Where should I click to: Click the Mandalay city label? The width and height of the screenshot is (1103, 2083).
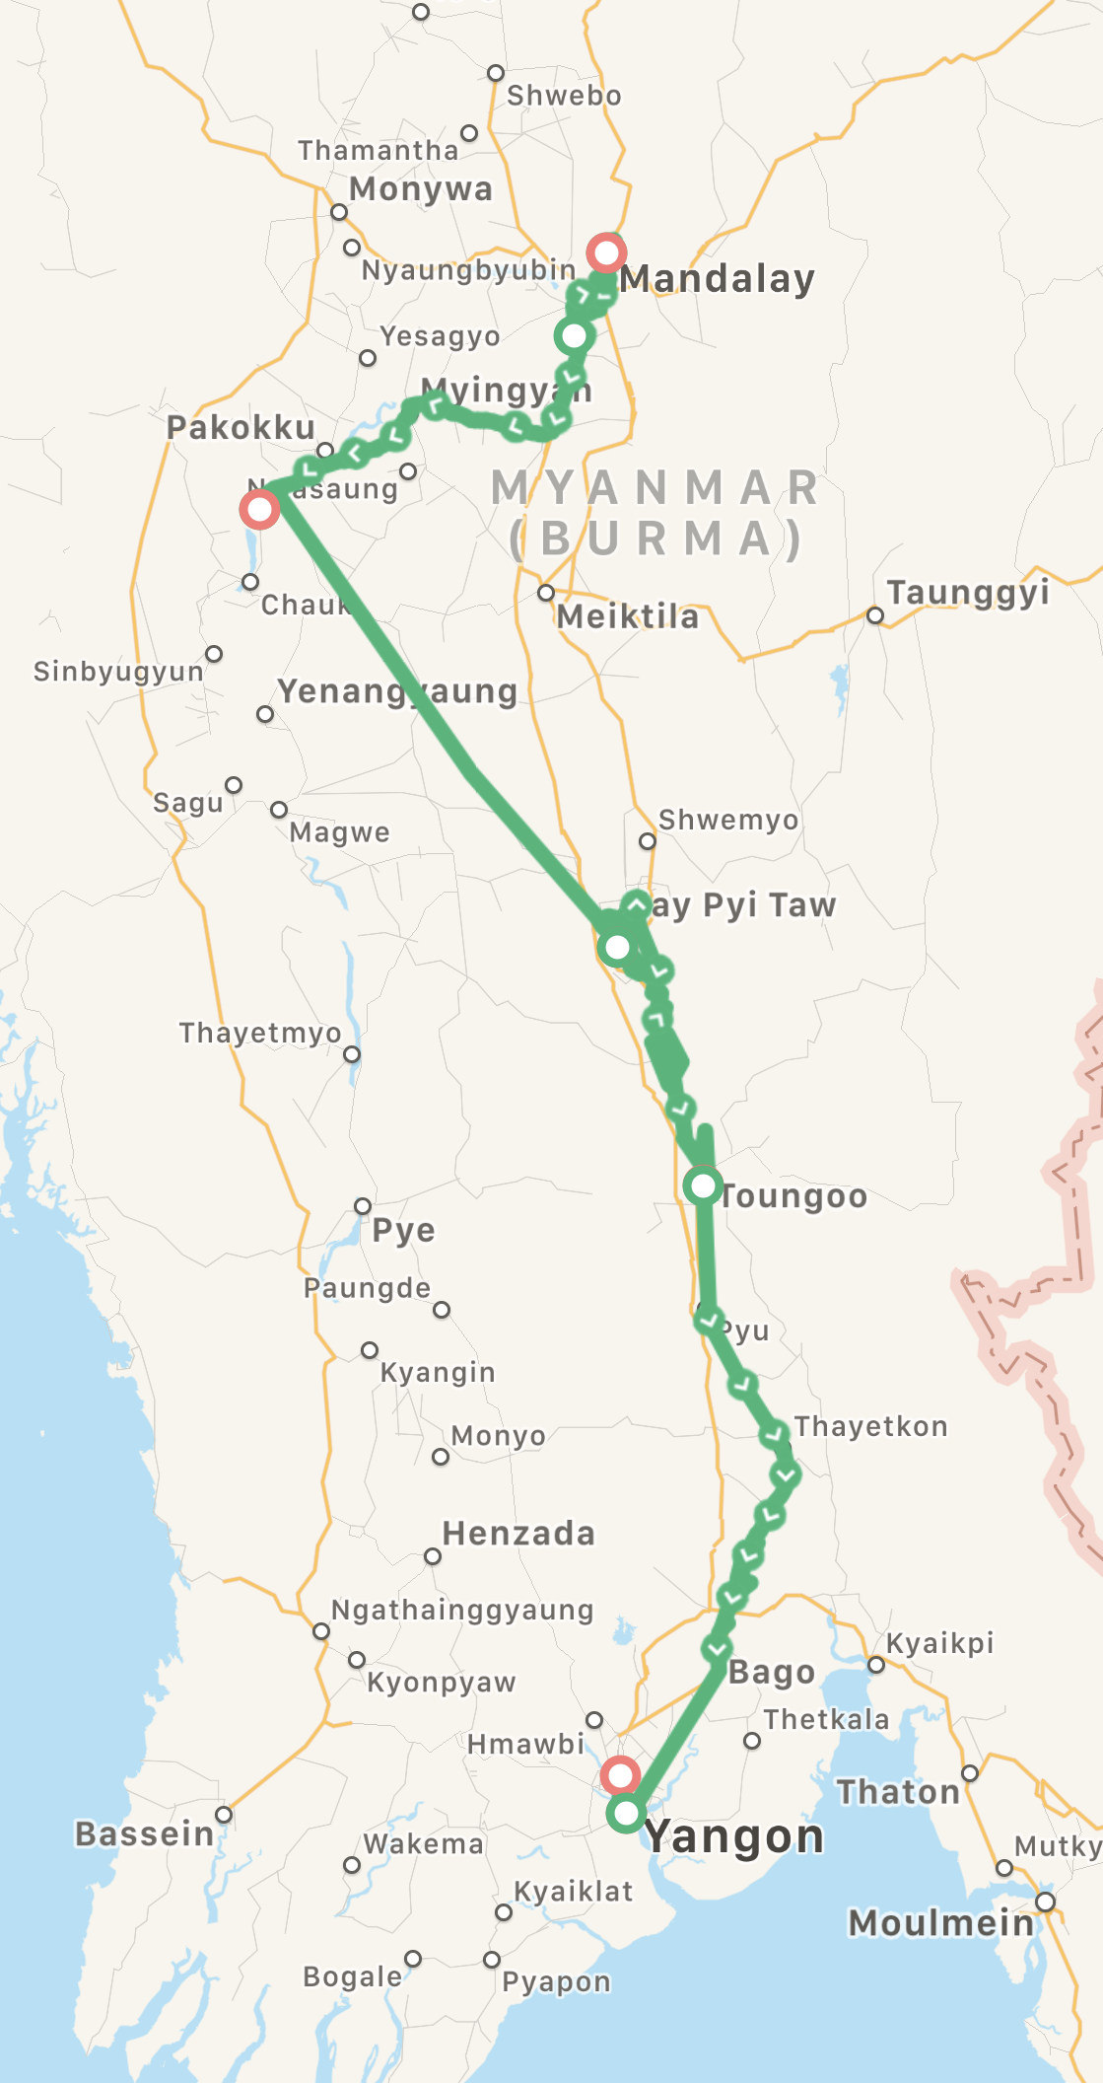(x=717, y=279)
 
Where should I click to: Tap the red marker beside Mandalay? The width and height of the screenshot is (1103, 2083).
(x=605, y=252)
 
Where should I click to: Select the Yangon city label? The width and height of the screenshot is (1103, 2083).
(x=734, y=1836)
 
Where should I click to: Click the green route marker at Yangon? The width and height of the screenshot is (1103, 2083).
(x=626, y=1813)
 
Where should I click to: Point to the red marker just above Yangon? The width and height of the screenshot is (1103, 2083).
(x=620, y=1776)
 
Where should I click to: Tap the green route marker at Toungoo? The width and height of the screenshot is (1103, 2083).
(x=703, y=1185)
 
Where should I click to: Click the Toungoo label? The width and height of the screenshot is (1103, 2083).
(x=794, y=1196)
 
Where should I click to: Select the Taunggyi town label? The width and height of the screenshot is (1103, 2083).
(x=968, y=593)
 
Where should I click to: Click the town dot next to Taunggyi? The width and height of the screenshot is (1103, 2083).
(x=874, y=615)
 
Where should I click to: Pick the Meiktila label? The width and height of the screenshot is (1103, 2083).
(x=628, y=617)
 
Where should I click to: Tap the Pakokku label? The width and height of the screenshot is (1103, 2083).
(x=241, y=428)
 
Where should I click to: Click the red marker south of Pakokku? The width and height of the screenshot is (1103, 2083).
(x=259, y=509)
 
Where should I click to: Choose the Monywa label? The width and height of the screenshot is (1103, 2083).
(x=421, y=188)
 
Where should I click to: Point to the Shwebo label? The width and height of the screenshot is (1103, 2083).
(x=564, y=96)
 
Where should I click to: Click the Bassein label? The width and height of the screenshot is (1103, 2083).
(x=144, y=1834)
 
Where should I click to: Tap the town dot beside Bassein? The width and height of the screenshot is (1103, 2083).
(x=224, y=1815)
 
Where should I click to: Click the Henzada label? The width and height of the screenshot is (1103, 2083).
(x=518, y=1534)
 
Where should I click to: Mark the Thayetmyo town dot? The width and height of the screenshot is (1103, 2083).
(x=352, y=1054)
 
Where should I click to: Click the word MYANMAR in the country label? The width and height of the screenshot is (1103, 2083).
(x=655, y=487)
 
